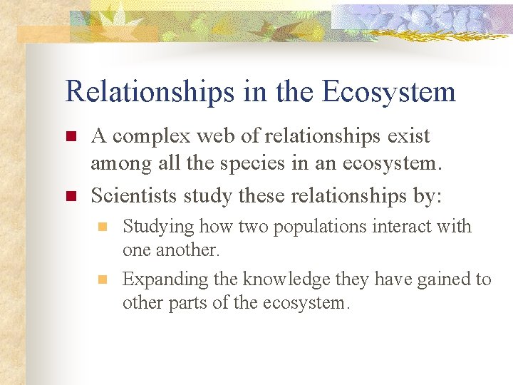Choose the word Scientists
click(x=135, y=194)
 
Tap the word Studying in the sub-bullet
click(x=158, y=227)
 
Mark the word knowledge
click(x=286, y=279)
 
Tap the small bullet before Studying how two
click(x=103, y=227)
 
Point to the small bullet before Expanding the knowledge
click(x=103, y=279)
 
